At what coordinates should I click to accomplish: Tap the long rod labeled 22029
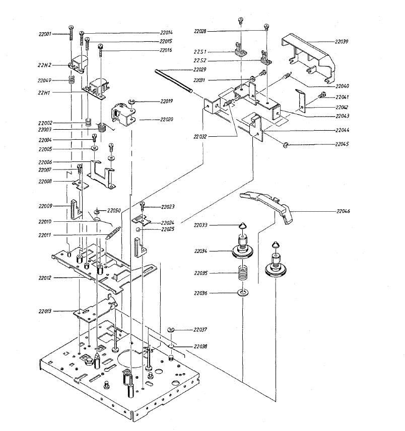coord(174,80)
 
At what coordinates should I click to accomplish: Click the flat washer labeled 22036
coord(243,293)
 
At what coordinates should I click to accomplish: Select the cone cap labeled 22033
coord(243,226)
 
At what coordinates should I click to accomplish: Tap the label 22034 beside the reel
coord(204,251)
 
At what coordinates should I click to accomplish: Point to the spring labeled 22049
coord(72,79)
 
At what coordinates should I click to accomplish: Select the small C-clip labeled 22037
coord(171,330)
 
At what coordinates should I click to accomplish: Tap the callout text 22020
coord(166,120)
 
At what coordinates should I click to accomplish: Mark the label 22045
coord(346,144)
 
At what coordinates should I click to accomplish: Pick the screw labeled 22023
coord(143,205)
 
